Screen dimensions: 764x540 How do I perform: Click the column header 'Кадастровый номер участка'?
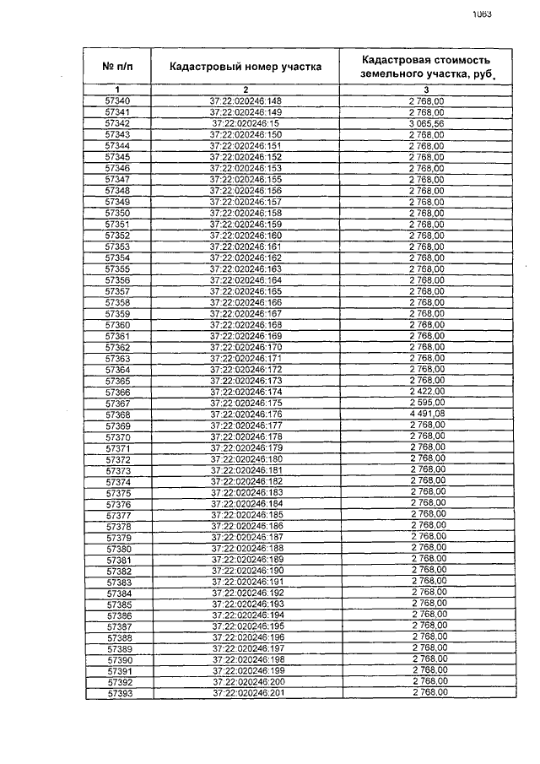246,67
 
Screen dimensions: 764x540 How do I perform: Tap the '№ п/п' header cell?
118,67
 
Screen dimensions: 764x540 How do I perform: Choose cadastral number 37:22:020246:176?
246,415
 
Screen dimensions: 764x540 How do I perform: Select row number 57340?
118,101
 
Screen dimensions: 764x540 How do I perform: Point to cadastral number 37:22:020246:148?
246,101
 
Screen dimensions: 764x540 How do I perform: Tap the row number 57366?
118,393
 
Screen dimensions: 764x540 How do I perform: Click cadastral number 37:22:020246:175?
246,404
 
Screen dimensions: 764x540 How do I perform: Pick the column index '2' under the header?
246,89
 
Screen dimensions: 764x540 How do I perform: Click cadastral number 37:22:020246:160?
246,236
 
